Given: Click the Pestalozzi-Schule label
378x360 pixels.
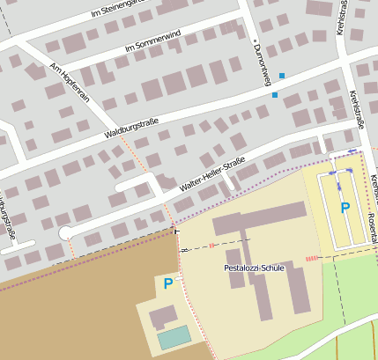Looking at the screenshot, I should (254, 267).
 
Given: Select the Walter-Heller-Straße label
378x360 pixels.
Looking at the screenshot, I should (211, 175).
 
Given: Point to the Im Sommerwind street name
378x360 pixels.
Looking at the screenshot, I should (153, 40).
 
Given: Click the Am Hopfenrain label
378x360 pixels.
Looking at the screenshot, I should (70, 84).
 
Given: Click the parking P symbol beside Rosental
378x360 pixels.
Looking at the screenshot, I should (345, 209).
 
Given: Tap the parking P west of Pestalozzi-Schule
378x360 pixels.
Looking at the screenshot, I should (168, 283).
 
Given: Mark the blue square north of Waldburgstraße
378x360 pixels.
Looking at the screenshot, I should (282, 76).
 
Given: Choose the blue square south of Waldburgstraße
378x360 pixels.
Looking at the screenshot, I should (275, 94).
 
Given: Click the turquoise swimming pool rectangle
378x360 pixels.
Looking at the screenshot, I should (174, 336).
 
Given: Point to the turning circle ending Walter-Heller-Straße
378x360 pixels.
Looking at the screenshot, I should (64, 232).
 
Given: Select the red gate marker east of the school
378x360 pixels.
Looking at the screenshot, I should (312, 258).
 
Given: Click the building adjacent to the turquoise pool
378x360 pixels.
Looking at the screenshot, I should (163, 316).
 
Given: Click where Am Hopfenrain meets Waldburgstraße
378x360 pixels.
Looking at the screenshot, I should (113, 128).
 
